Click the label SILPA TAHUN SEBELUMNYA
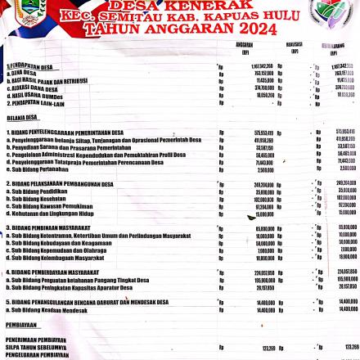click(x=36, y=347)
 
